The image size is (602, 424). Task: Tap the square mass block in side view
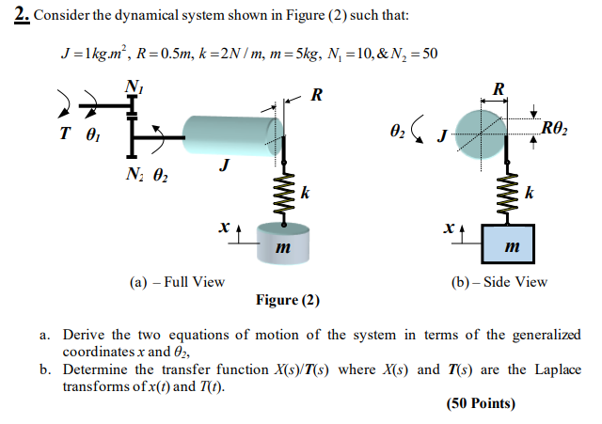click(509, 246)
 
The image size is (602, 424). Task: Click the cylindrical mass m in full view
click(282, 243)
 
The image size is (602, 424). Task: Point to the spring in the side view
click(509, 191)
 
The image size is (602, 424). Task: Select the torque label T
click(64, 133)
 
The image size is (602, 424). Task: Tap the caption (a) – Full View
click(177, 281)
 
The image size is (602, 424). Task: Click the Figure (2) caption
click(287, 301)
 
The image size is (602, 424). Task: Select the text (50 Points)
click(483, 404)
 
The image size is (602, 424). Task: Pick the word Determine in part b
click(99, 369)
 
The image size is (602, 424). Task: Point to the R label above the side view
click(498, 89)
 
